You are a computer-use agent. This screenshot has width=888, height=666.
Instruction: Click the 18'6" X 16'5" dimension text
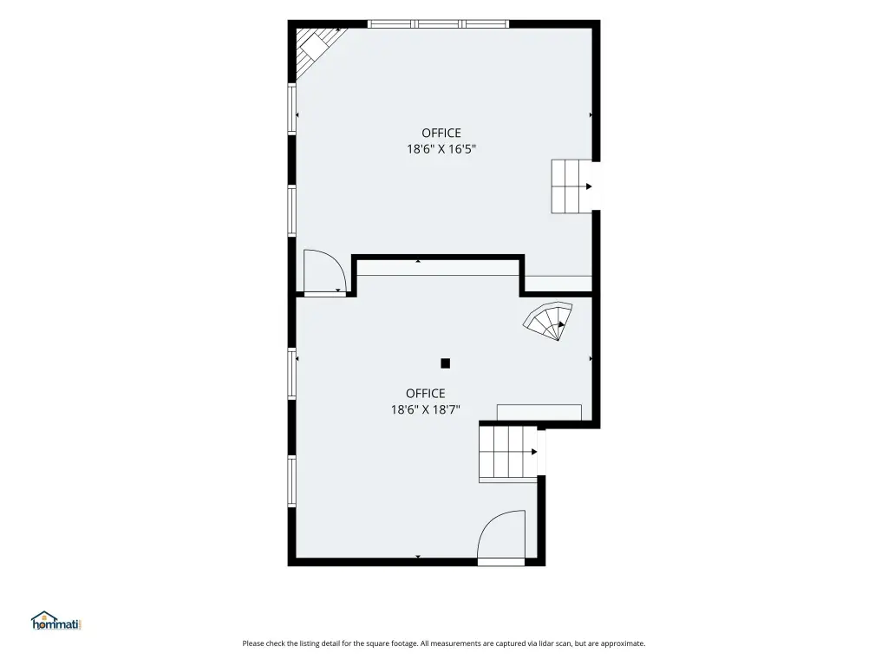tap(441, 149)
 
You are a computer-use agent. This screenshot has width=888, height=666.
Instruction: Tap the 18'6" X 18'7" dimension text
tap(425, 409)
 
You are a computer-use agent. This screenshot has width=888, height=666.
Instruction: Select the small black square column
tap(445, 363)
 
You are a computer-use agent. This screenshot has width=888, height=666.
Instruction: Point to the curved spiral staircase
tap(548, 321)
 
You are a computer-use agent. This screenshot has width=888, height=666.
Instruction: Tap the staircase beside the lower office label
tap(508, 453)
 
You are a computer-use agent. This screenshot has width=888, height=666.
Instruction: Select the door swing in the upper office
tap(324, 271)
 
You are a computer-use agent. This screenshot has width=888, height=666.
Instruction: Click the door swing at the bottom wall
tap(501, 534)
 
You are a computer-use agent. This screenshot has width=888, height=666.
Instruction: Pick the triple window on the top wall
tap(438, 23)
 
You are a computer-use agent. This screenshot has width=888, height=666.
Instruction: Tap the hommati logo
tap(56, 621)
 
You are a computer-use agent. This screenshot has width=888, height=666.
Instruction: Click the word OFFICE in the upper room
tap(441, 133)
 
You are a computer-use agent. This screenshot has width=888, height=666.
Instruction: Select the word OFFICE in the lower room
tap(425, 393)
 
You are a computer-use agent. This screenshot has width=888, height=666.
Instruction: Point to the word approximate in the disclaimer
tap(623, 644)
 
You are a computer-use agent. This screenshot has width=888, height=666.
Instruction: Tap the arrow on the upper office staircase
tap(589, 186)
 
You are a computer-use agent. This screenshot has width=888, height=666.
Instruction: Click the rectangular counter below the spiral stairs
tap(539, 412)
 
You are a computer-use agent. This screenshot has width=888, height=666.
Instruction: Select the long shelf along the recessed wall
tap(438, 269)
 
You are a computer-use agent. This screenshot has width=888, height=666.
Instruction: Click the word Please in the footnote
tap(253, 643)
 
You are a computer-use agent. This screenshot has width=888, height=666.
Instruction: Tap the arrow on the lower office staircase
tap(534, 452)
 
